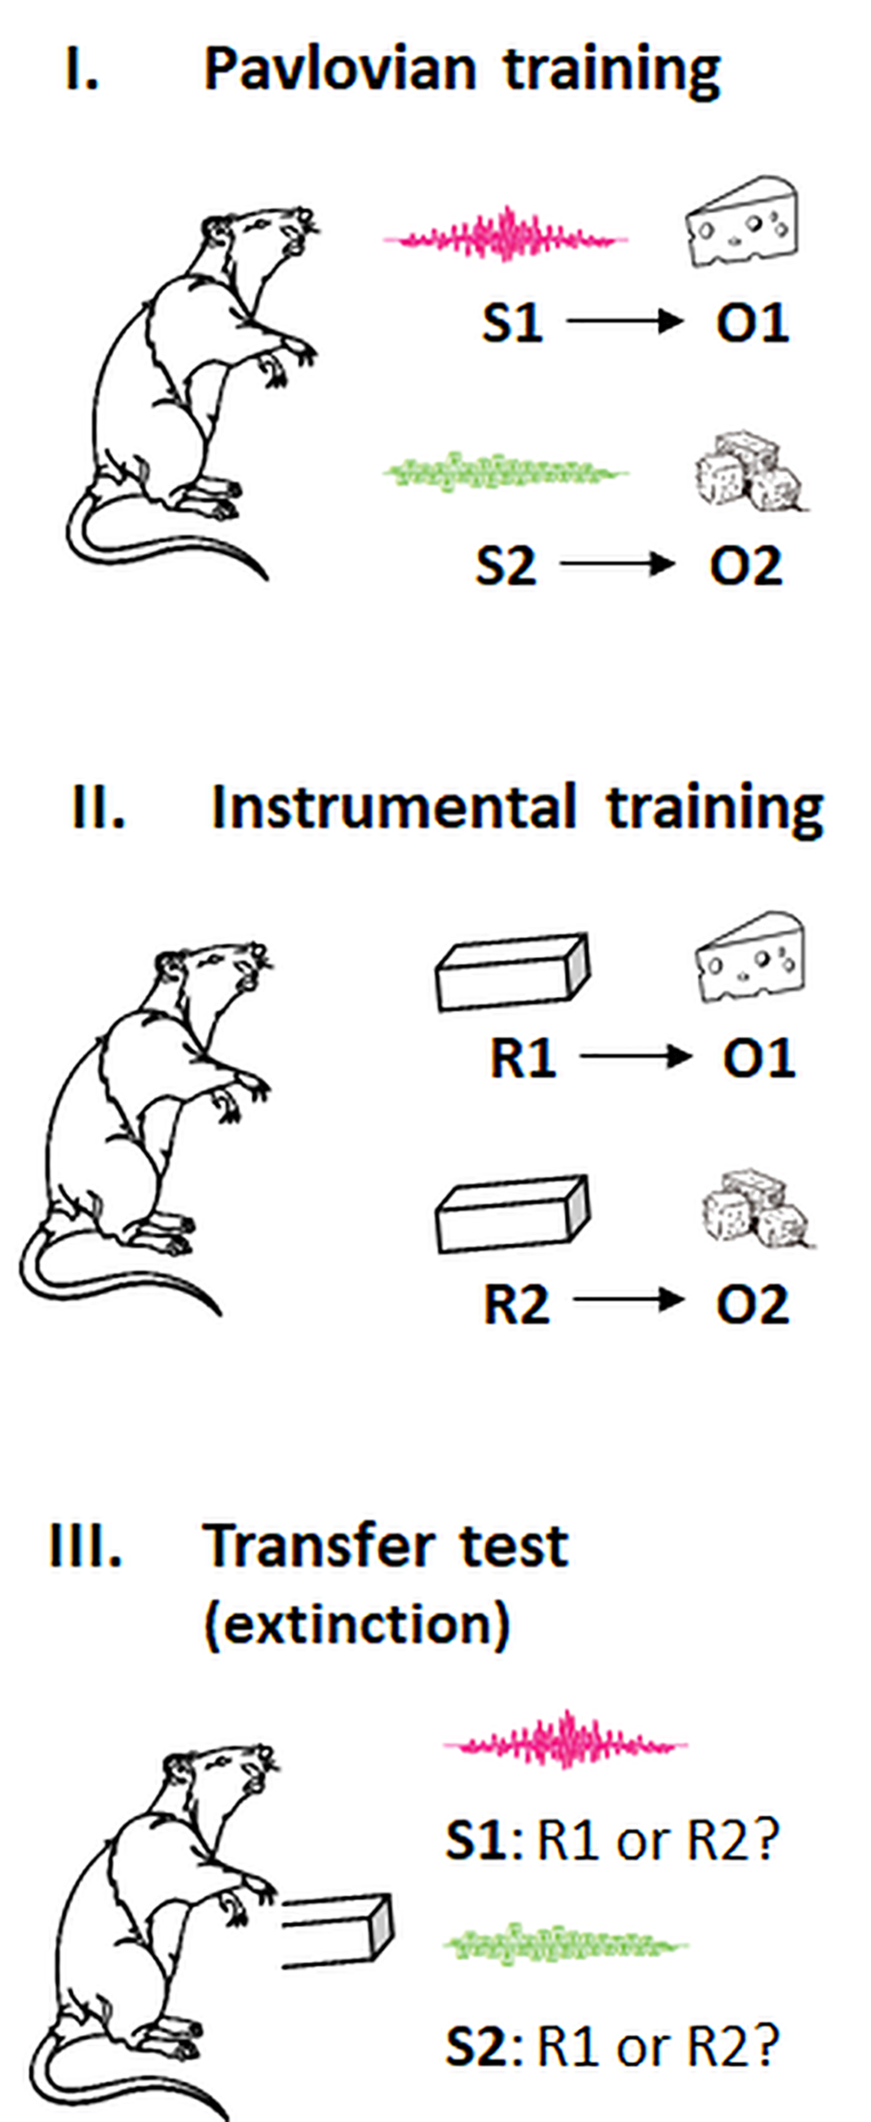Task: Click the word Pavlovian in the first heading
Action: [x=339, y=70]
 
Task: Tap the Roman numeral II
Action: [x=97, y=808]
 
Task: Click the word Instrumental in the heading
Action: [x=393, y=808]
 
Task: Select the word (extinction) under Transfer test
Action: [x=357, y=1623]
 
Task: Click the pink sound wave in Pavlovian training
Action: [x=506, y=237]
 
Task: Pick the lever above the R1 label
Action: [x=512, y=972]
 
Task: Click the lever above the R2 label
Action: [x=512, y=1213]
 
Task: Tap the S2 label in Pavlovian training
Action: [x=506, y=565]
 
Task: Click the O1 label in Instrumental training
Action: [x=758, y=1058]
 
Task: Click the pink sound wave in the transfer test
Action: [x=565, y=1742]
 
